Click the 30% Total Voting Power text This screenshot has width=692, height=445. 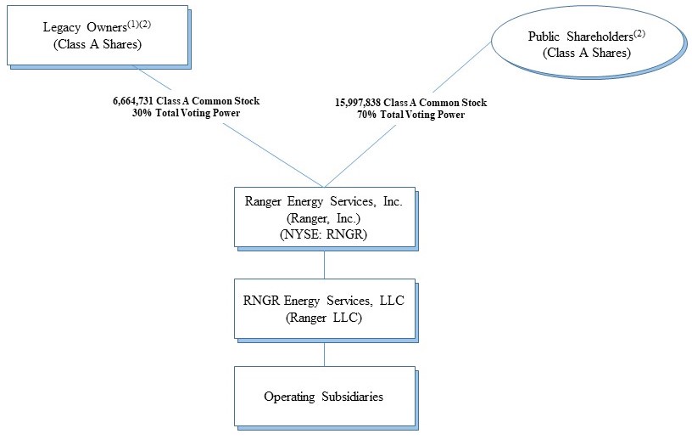[x=186, y=113]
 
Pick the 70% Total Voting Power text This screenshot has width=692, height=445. [x=410, y=115]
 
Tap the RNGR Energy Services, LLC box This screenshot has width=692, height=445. [x=324, y=309]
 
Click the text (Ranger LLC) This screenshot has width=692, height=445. [x=324, y=317]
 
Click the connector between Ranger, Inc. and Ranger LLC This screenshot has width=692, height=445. [x=324, y=263]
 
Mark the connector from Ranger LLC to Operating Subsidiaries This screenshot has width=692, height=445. [x=324, y=354]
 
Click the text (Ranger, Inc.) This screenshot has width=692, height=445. [x=324, y=217]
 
